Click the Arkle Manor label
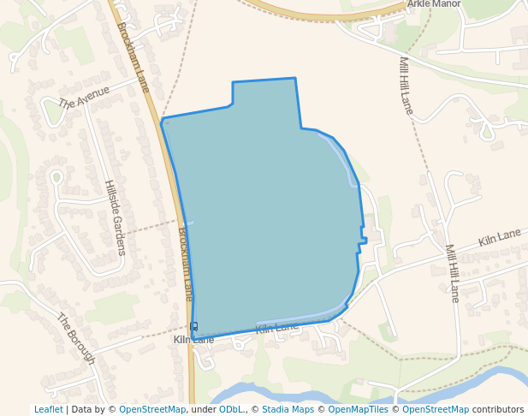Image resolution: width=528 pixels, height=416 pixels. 434,4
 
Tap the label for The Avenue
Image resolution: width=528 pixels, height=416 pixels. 84,98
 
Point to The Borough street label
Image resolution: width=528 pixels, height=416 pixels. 75,338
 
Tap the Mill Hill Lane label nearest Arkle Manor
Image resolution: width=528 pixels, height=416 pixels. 406,86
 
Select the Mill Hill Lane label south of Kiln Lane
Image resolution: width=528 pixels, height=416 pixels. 451,273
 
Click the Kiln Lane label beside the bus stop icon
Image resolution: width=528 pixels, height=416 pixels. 193,340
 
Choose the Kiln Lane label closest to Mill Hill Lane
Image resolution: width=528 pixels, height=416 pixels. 500,237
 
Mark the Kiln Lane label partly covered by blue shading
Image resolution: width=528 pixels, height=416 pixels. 276,328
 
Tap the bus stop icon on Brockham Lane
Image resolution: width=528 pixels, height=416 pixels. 194,326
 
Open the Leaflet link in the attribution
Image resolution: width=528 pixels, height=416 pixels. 48,409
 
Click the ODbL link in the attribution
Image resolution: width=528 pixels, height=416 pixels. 232,409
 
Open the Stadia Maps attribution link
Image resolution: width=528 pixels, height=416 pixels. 288,409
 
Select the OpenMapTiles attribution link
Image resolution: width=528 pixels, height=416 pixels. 359,409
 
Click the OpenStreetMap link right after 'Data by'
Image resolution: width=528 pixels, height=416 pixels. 152,409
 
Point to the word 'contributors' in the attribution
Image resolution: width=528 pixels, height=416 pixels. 497,409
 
